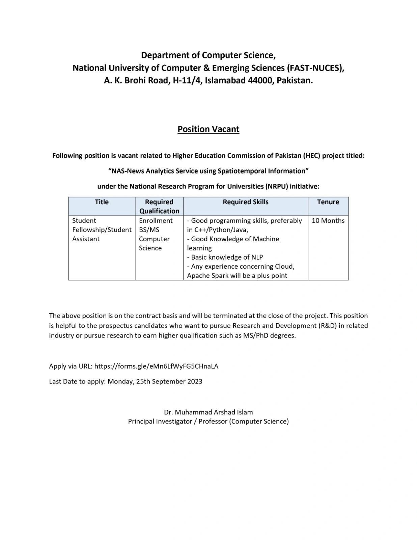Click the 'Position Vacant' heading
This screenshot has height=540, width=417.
point(208,129)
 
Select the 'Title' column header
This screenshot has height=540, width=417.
point(102,202)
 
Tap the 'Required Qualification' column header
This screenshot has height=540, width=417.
point(159,206)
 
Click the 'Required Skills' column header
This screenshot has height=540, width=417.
point(246,202)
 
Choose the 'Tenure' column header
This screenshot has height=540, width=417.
point(328,202)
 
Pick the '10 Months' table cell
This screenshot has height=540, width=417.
point(328,220)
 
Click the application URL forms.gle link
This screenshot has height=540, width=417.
point(156,366)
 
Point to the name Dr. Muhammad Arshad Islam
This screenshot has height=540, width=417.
point(208,412)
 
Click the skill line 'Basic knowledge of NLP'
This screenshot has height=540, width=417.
point(225,257)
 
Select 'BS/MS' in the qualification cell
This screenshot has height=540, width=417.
point(149,230)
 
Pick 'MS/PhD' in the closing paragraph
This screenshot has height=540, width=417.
point(256,335)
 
